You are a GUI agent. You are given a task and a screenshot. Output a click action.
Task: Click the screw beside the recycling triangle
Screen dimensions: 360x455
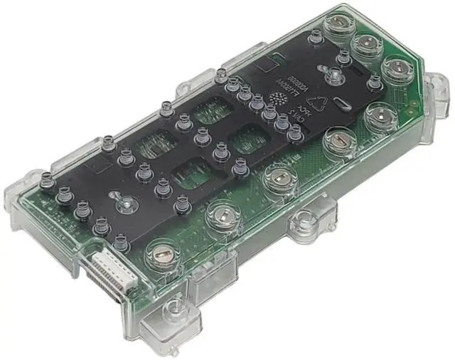331,75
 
